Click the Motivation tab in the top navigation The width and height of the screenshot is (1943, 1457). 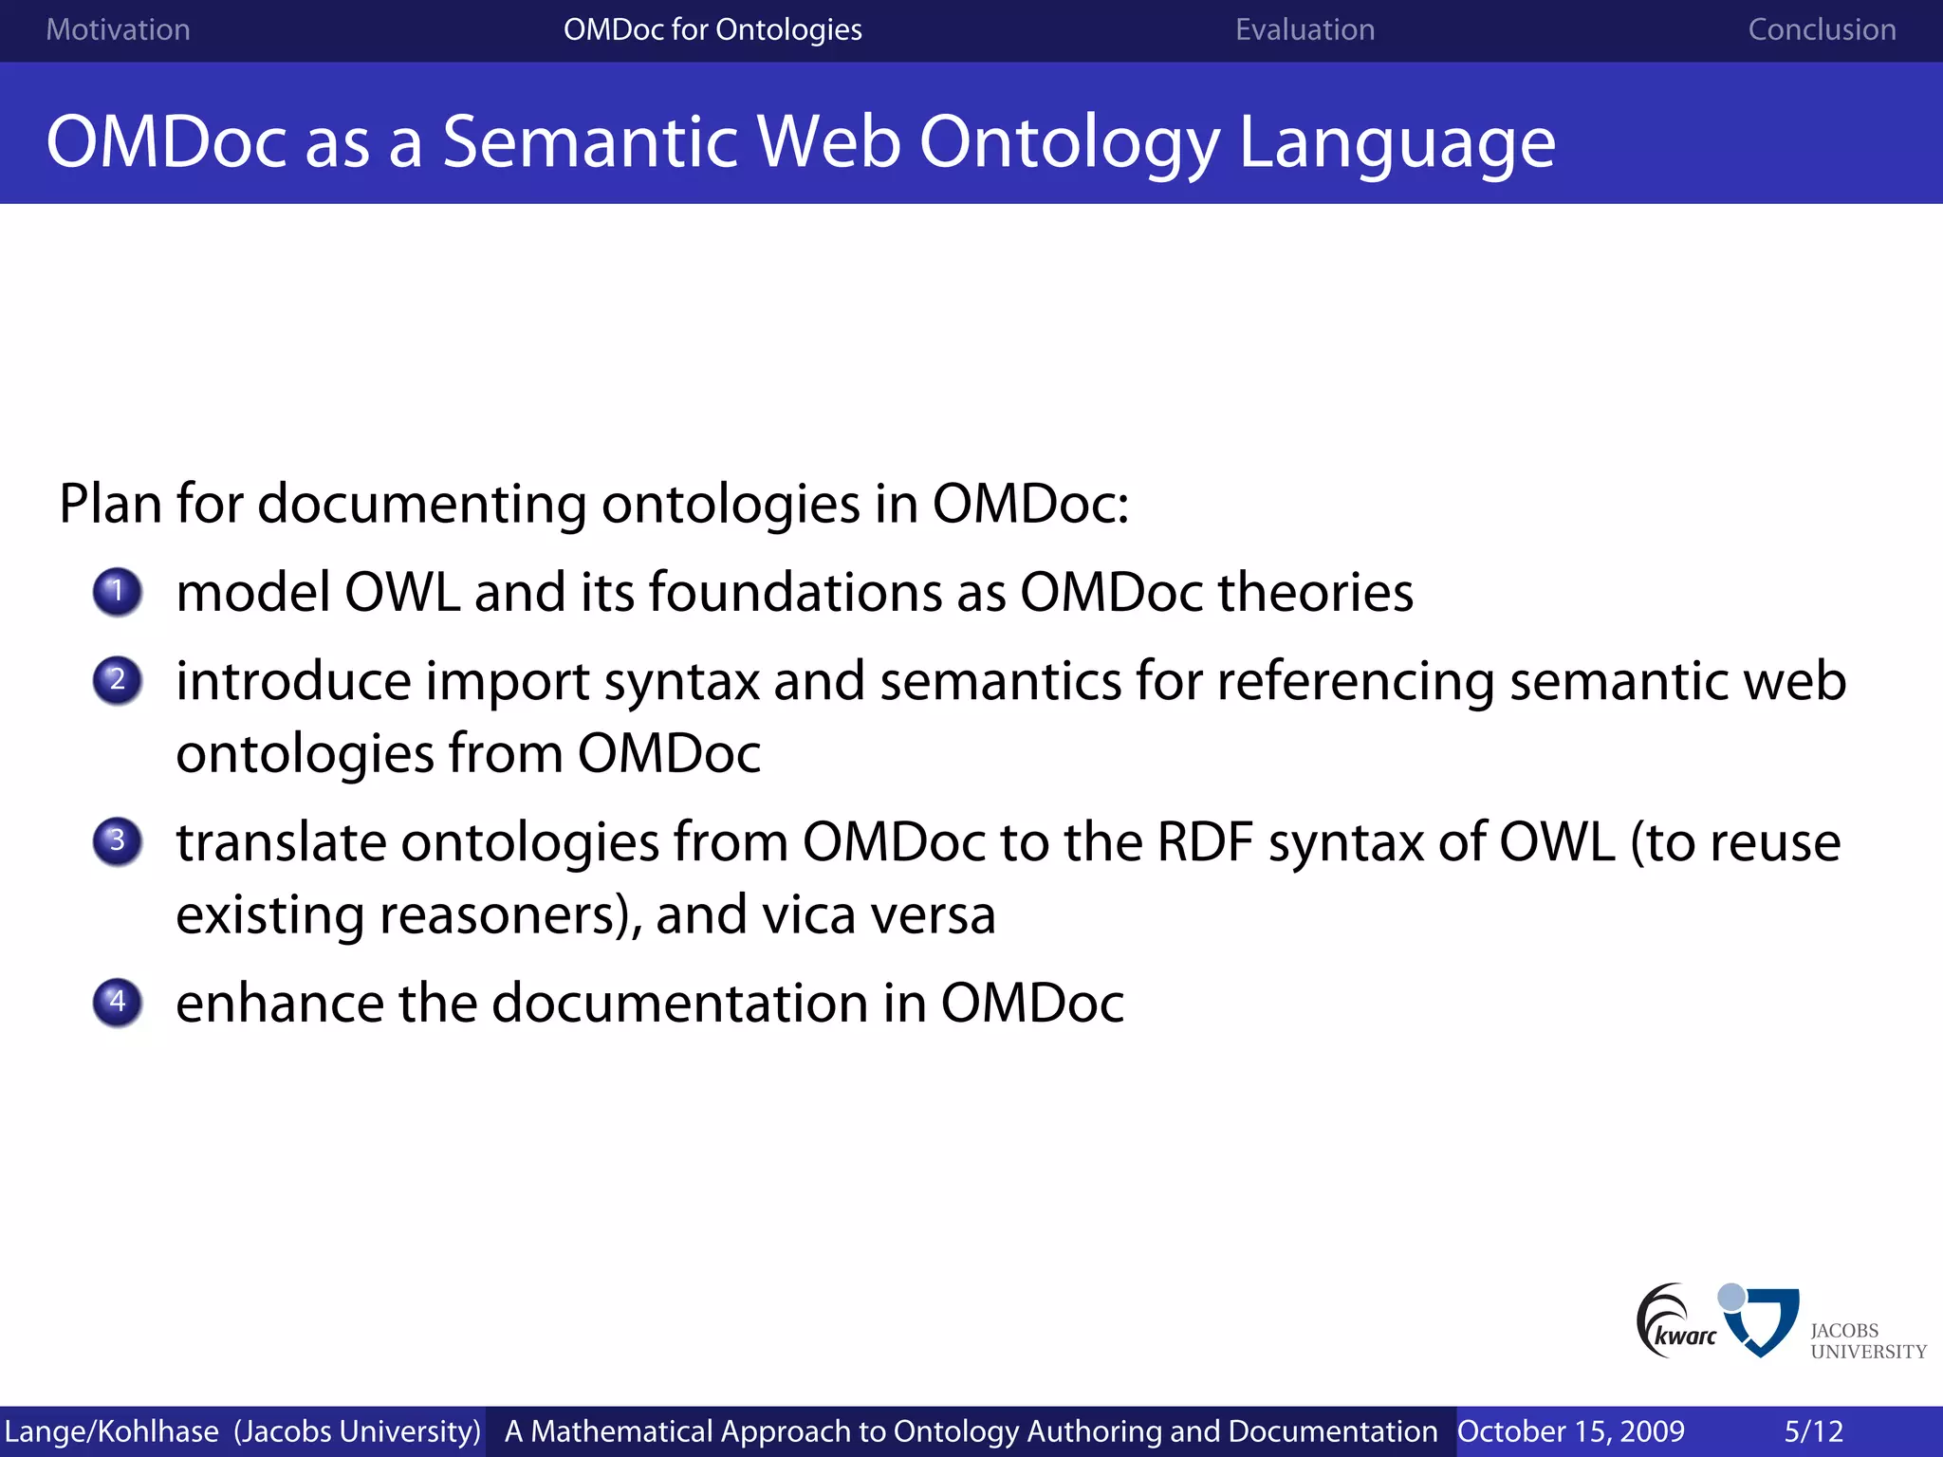pos(118,30)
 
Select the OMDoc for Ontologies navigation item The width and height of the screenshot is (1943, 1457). pos(712,30)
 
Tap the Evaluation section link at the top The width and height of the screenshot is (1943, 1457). pos(1305,30)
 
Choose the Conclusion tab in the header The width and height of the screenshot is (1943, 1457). pos(1822,30)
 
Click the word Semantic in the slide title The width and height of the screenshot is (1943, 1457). pos(589,142)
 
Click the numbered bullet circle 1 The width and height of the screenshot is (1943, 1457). pos(118,592)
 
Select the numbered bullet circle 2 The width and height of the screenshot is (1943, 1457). pos(118,680)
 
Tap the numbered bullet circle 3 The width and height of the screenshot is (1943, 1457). pos(118,841)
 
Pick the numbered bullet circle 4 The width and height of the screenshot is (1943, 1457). pos(118,1003)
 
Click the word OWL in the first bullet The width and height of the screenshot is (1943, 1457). pos(401,593)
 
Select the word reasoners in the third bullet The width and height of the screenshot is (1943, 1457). pos(497,915)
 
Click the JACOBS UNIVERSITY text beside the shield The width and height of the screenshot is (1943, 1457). pos(1866,1341)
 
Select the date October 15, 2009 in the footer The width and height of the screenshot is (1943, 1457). pos(1570,1431)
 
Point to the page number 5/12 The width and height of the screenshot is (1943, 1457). pos(1813,1431)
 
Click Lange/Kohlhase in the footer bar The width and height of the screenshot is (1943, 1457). pos(111,1431)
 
